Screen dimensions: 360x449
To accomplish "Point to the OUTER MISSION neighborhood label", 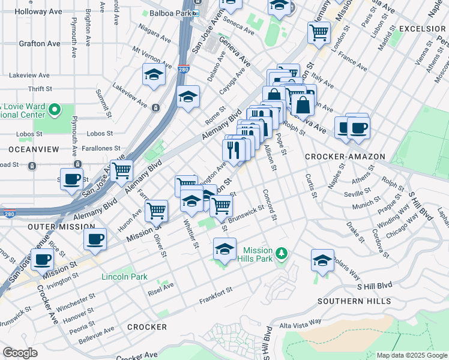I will coord(61,227).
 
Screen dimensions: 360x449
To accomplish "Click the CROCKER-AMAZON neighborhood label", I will coord(345,157).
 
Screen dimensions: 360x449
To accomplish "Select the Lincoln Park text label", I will coord(125,277).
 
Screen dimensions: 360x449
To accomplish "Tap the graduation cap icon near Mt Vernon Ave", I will coord(154,75).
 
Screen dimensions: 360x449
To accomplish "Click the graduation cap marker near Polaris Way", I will coord(322,260).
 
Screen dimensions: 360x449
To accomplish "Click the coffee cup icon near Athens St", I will coord(358,127).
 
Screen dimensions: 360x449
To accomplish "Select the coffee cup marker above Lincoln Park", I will coord(95,239).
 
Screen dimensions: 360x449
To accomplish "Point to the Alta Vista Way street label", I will coord(300,323).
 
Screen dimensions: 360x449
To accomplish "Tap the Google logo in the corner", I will coord(20,353).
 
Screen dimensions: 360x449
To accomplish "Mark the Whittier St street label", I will coord(195,235).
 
